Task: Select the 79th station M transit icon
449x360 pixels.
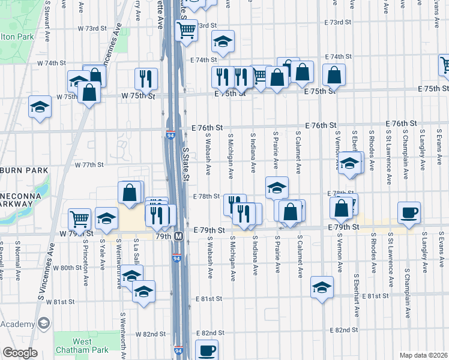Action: tap(178, 236)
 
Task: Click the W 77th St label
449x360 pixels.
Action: tap(89, 164)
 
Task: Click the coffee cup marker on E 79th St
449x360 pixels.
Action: tap(409, 212)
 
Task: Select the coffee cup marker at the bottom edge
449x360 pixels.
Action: tap(207, 350)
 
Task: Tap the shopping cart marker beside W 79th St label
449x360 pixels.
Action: tap(79, 219)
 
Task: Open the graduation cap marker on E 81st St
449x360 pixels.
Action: tap(322, 287)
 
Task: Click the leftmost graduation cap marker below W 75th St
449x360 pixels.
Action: tap(40, 107)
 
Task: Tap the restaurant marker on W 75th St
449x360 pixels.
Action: tap(146, 78)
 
